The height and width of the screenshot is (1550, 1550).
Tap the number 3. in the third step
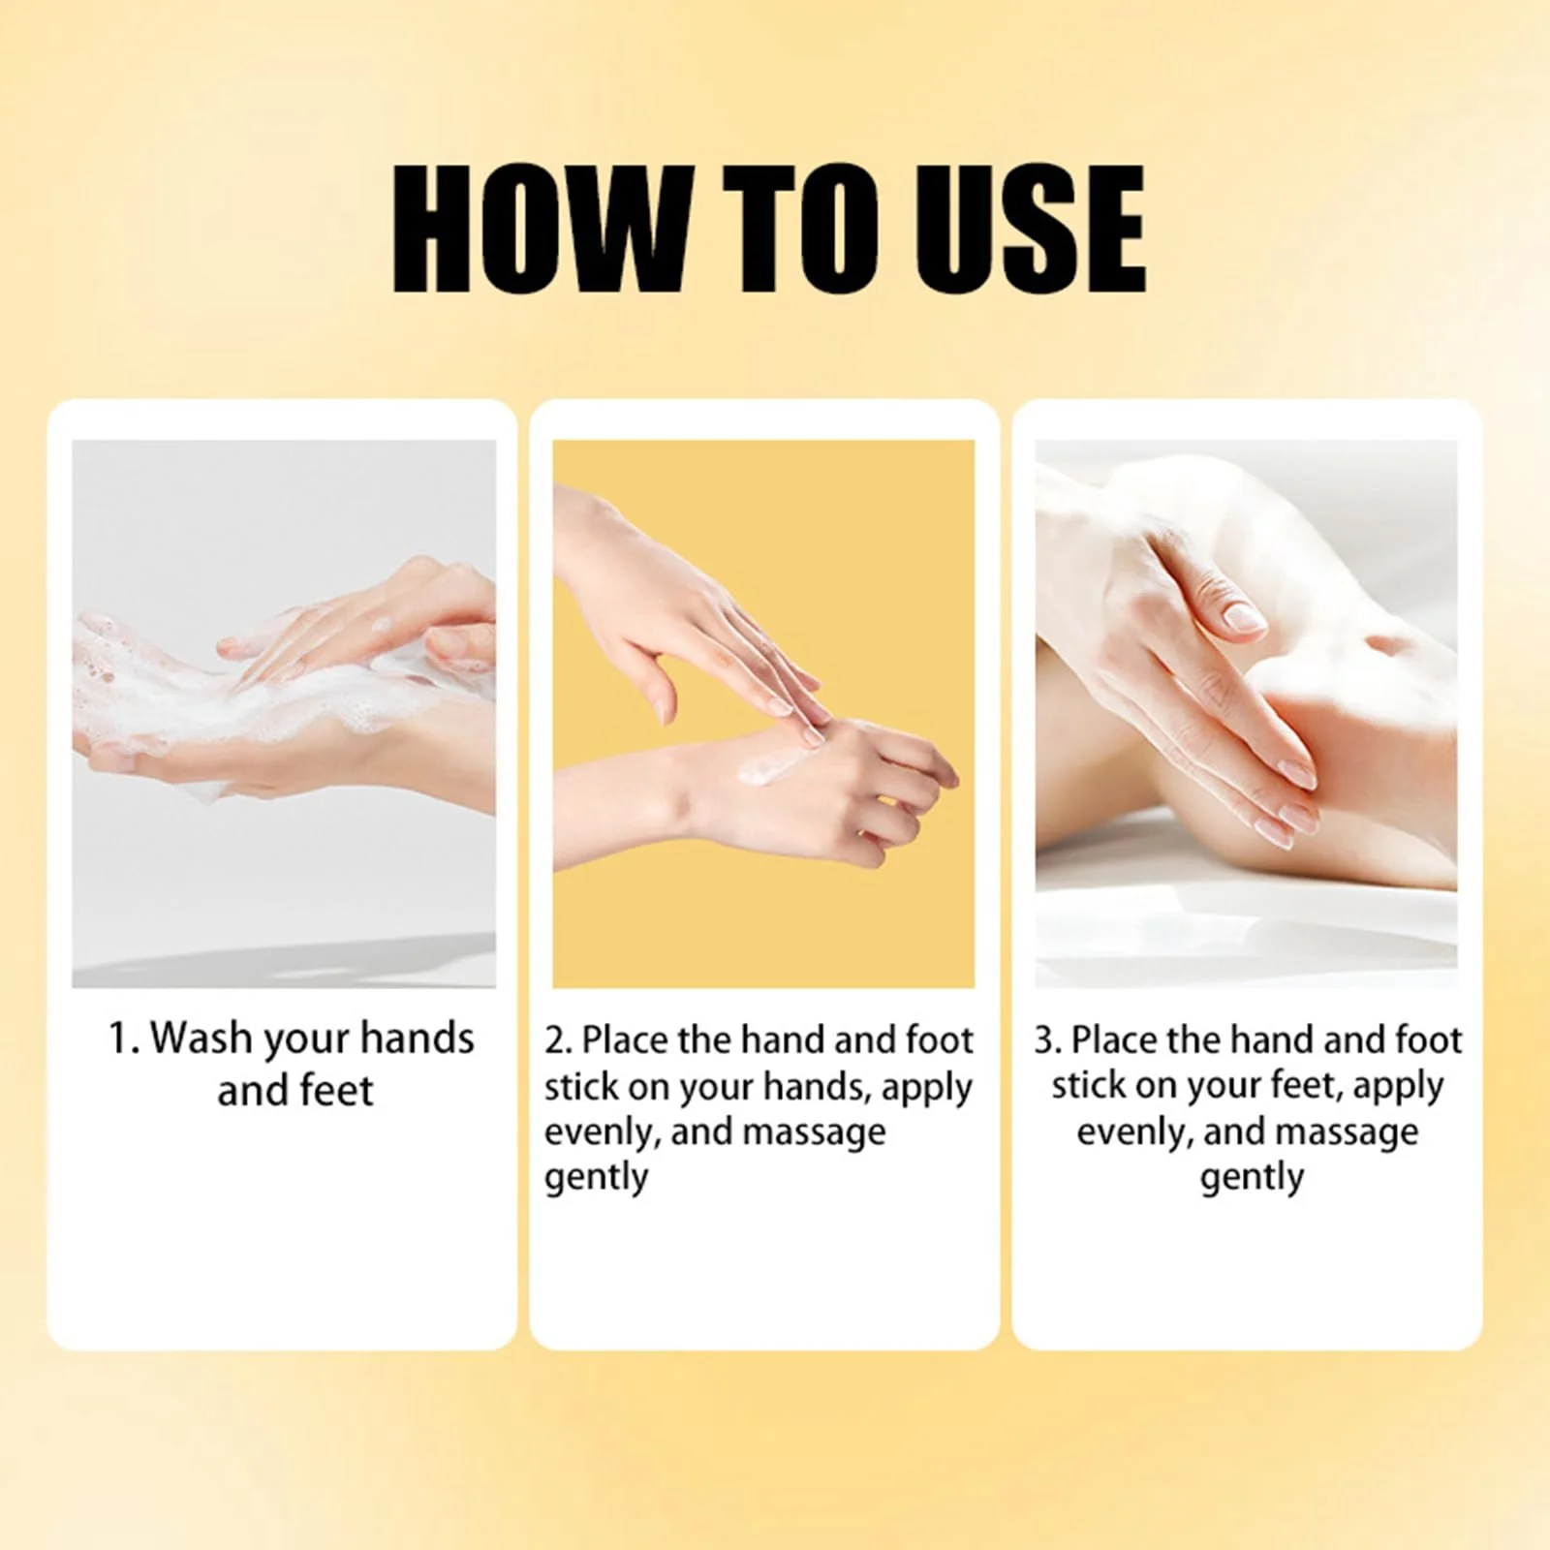pos(1048,1040)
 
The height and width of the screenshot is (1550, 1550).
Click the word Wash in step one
pos(201,1038)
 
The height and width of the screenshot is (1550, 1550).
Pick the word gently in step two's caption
pos(596,1179)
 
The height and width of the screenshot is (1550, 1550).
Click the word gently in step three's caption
pos(1252,1179)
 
